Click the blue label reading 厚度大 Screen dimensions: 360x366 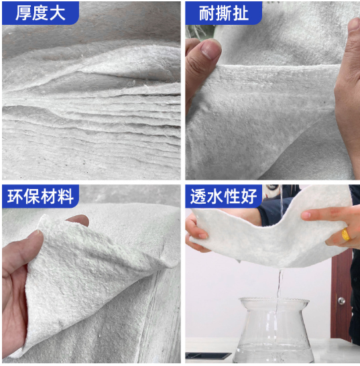click(40, 13)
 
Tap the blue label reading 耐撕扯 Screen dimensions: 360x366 click(223, 13)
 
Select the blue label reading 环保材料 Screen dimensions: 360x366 click(40, 196)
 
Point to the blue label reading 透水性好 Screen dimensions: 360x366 click(223, 196)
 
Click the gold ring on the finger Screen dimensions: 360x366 click(346, 234)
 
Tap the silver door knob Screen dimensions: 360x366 click(341, 301)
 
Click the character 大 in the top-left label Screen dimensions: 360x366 click(57, 13)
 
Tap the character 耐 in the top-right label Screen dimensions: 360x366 click(206, 13)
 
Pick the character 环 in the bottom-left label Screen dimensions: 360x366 click(15, 196)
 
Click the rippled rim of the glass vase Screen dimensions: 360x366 click(274, 300)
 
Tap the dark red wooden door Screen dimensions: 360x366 click(341, 294)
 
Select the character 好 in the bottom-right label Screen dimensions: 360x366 click(249, 196)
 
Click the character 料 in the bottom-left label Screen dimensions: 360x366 click(66, 196)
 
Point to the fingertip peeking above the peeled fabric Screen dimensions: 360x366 click(78, 220)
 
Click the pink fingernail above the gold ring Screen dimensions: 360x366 click(306, 215)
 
